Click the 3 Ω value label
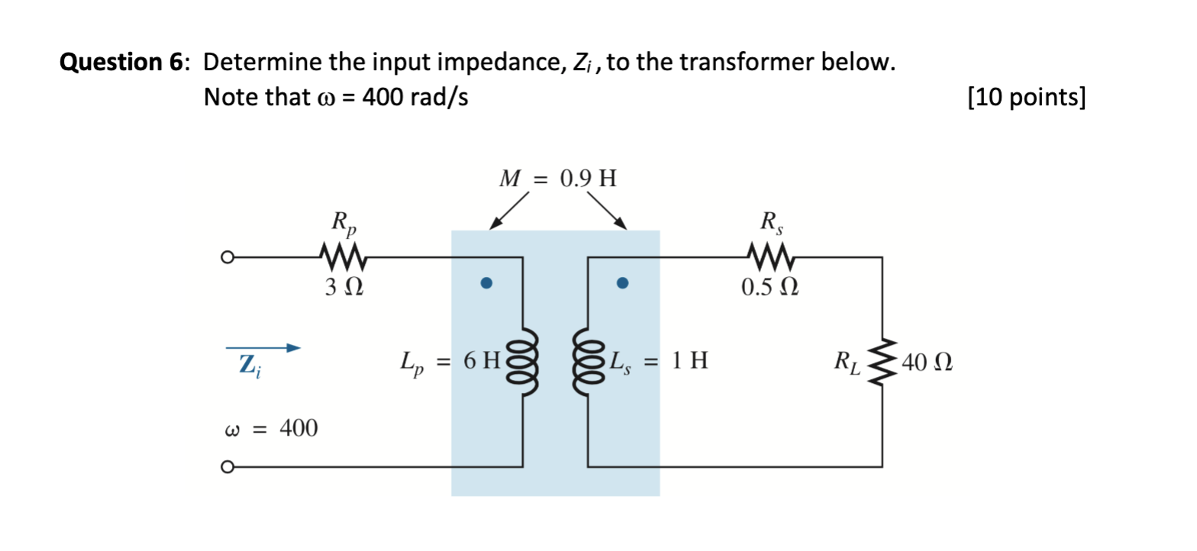342,289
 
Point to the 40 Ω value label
927,362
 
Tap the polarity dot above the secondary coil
622,284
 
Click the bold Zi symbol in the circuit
247,367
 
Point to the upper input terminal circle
226,258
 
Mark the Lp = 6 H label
449,362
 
